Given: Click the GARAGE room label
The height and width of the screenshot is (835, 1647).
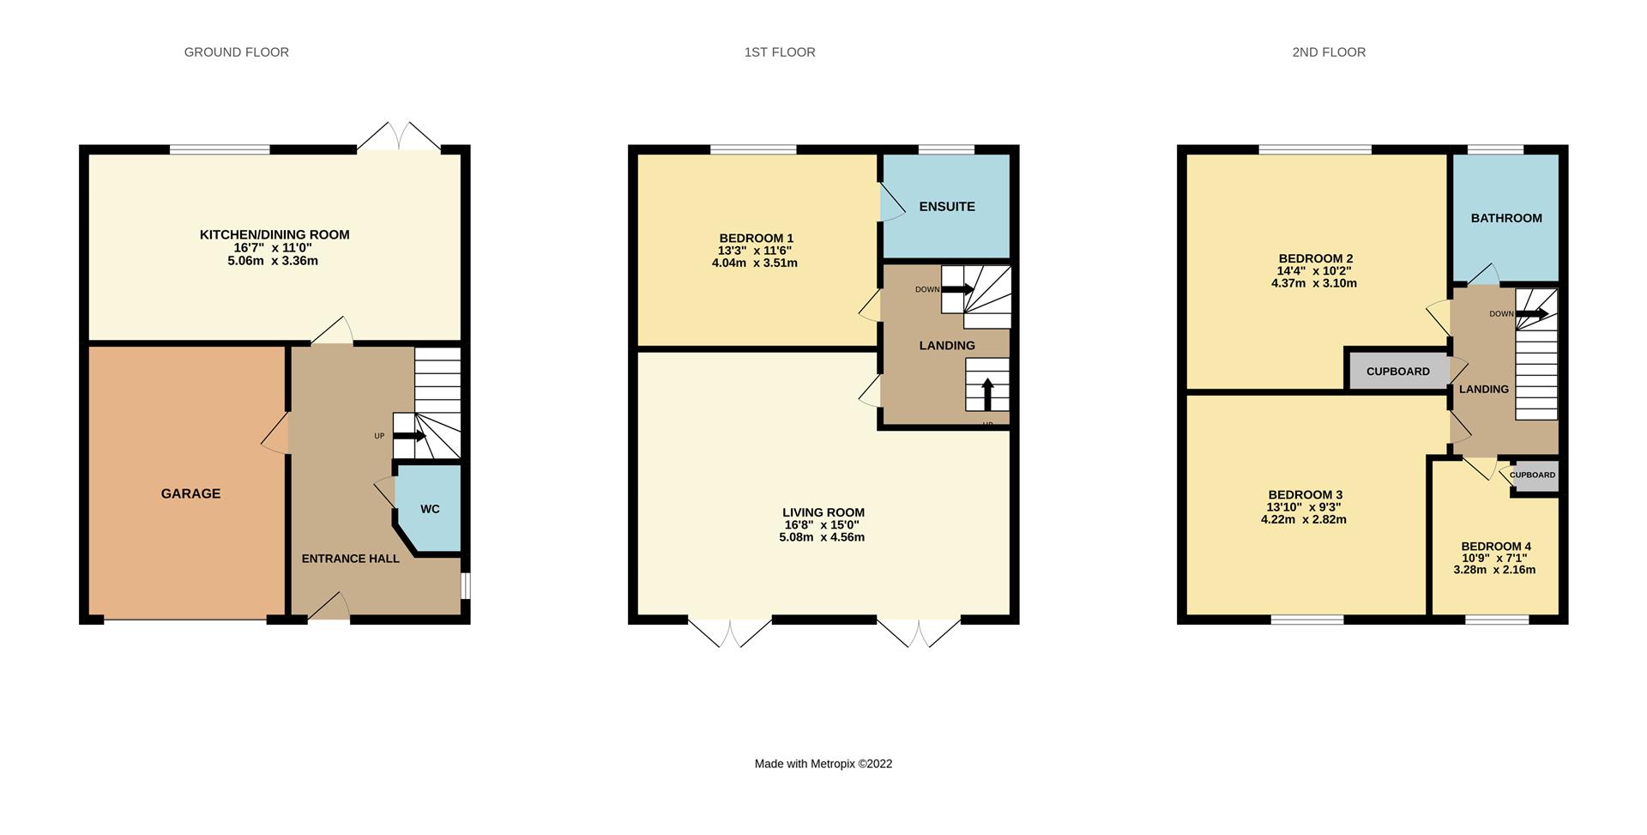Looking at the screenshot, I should coord(190,493).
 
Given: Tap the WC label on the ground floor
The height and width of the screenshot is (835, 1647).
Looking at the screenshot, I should coord(430,509).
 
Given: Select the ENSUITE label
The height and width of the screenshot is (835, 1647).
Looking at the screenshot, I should coord(947,207).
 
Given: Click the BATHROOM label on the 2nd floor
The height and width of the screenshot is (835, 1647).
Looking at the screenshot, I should coord(1506,218).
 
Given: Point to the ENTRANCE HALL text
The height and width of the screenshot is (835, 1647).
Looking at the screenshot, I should coord(350,559).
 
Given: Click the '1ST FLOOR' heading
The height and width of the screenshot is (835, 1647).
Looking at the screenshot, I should coord(780,52).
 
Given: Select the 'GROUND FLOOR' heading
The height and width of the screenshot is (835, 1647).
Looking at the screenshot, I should coord(237,52).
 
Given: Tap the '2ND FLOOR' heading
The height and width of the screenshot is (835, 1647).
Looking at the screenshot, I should coord(1329,52).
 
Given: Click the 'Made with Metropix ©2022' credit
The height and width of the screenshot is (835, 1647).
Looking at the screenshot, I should coord(823,764).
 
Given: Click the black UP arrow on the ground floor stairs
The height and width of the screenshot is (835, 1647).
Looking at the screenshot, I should coord(410,436).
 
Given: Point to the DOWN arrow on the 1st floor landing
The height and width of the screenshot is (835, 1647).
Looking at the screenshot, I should coord(957,289).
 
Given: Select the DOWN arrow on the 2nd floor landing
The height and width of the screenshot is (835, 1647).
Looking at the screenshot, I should coord(1532,314).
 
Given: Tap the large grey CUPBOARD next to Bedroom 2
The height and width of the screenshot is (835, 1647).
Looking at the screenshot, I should coord(1397,372).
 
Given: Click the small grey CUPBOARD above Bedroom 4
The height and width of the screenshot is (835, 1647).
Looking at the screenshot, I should coord(1533,475).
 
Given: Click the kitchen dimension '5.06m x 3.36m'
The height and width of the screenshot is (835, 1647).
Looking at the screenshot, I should coord(273,261).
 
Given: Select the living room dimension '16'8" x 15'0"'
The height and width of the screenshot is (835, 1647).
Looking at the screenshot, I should coord(822,525).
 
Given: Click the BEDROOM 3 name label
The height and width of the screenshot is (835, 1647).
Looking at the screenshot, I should coord(1306,495).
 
